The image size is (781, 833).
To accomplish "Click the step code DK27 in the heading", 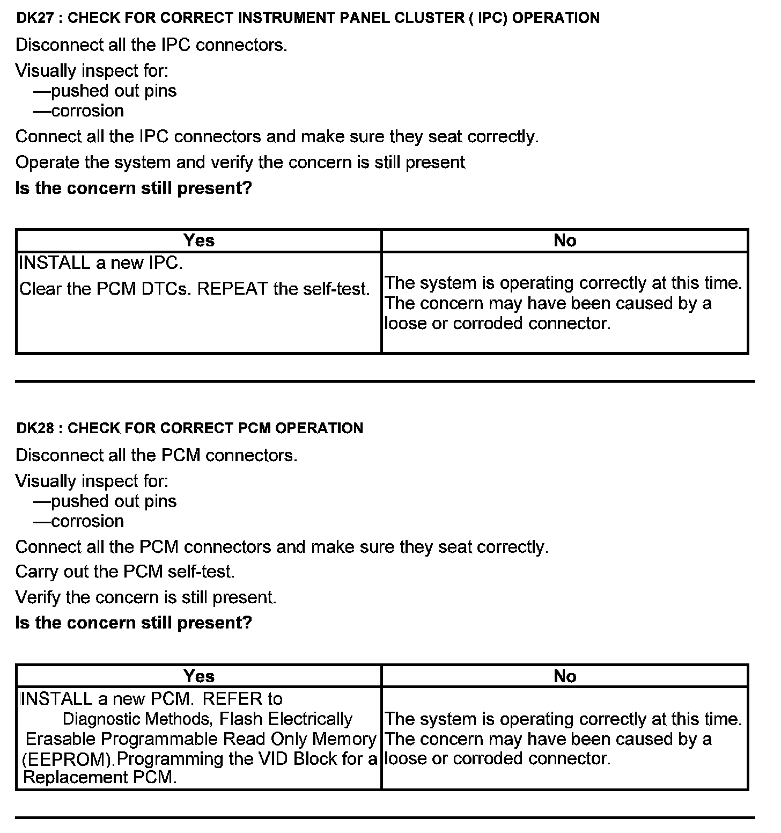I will tap(35, 18).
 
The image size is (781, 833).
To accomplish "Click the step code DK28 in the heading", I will tap(35, 428).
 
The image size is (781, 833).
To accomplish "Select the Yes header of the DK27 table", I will tap(198, 241).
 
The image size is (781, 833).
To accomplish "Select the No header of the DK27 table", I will tap(564, 241).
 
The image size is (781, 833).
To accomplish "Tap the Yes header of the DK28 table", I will tap(198, 676).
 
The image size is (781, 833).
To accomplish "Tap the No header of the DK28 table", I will tap(564, 676).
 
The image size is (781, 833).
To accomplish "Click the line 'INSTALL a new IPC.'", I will tap(101, 263).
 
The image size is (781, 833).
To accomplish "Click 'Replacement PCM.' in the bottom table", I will tap(100, 777).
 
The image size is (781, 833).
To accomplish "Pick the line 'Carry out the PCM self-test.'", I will tap(125, 572).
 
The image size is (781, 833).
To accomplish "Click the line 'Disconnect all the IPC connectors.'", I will tap(151, 45).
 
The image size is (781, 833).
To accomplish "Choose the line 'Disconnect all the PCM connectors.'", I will tap(156, 455).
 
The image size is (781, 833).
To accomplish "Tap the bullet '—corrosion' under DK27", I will tap(78, 111).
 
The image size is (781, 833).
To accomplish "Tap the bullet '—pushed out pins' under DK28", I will tap(105, 501).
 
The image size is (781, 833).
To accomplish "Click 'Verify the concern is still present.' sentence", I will tap(146, 597).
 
